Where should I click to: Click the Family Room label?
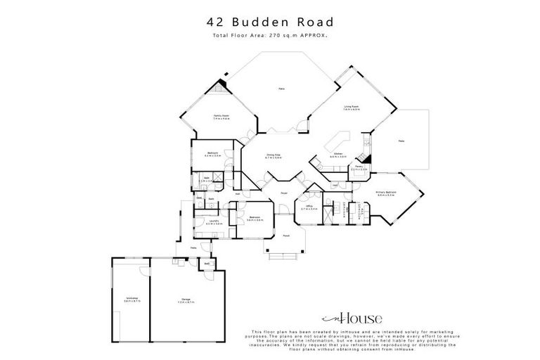coord(222,117)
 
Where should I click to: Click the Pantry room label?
coord(359,169)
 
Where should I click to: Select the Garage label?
coord(186,301)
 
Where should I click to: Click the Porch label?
coord(286,237)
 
